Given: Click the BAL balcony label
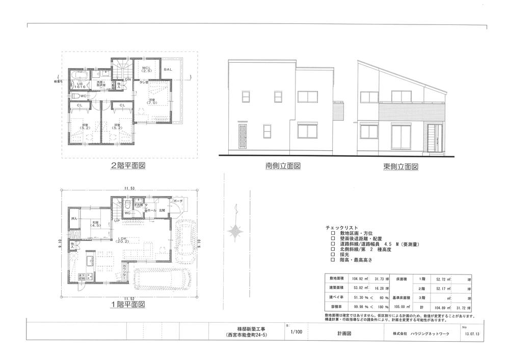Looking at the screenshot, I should (168, 69).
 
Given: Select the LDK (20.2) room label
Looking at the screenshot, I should (122, 240).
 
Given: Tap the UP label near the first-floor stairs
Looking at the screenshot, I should (117, 221).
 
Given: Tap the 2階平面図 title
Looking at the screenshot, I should (128, 165).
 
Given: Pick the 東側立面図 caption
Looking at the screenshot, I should (401, 166).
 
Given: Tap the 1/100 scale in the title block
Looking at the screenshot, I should (297, 332).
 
